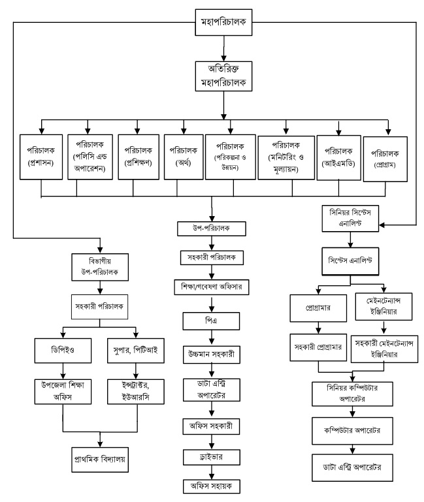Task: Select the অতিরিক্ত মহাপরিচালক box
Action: click(224, 76)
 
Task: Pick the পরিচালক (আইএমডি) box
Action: click(337, 155)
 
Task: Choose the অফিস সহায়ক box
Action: click(212, 487)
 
